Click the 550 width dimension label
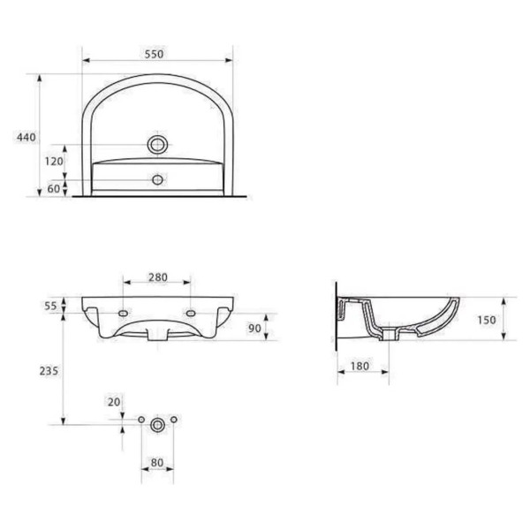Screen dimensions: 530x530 [x=154, y=54]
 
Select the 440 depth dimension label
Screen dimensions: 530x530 [x=26, y=137]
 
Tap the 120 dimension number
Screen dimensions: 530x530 [x=54, y=162]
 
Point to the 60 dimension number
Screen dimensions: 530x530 [x=53, y=189]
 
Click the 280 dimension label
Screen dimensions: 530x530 [x=158, y=277]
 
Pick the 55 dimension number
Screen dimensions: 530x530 [x=50, y=306]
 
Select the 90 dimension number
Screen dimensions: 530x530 [x=254, y=328]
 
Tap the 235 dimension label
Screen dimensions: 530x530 [x=49, y=371]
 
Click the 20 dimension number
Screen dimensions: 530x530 [x=114, y=402]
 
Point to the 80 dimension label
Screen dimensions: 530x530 [x=157, y=463]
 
